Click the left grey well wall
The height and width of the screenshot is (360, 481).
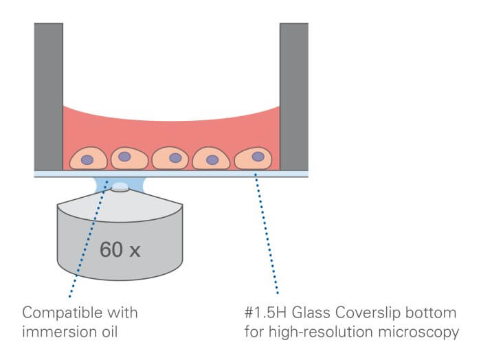tap(48, 96)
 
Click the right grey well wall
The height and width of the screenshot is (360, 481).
tap(293, 96)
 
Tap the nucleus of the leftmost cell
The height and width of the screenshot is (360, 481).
tap(88, 160)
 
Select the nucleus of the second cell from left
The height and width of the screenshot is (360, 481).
tap(124, 157)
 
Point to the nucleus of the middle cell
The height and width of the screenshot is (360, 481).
tap(175, 157)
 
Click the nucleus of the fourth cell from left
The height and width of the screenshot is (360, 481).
tap(213, 160)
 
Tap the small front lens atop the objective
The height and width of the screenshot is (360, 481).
tap(121, 185)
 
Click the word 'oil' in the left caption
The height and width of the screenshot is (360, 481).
tap(102, 333)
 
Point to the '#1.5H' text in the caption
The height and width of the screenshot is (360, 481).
tap(264, 313)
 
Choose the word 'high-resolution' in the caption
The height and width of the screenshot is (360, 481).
tap(317, 333)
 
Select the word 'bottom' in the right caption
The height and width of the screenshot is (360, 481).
tap(431, 313)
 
